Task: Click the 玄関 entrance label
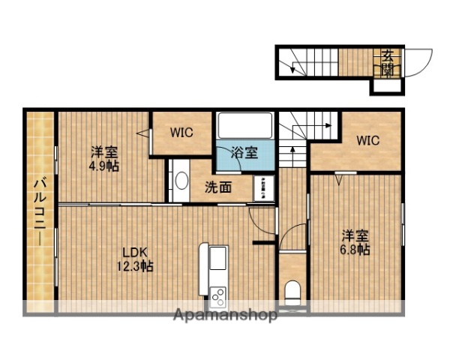click(x=387, y=62)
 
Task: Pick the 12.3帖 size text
click(x=135, y=267)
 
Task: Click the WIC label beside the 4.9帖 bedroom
click(x=181, y=133)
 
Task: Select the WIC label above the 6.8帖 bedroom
click(x=367, y=140)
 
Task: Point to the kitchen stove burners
click(x=218, y=295)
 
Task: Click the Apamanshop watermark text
click(x=225, y=315)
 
